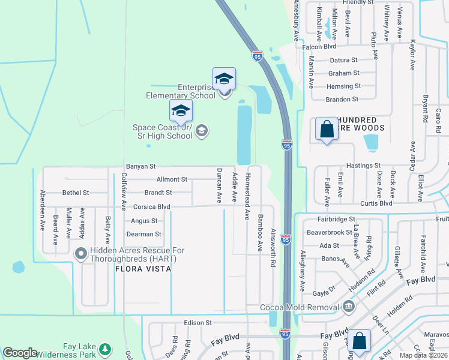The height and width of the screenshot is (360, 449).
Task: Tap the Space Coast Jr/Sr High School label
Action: coord(163,131)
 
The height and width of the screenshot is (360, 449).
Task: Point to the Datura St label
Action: coord(343,60)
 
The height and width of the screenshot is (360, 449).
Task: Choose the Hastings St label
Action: coord(364,165)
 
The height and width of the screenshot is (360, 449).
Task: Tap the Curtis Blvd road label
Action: coord(377,203)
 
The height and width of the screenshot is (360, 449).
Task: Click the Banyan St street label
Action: coord(140,166)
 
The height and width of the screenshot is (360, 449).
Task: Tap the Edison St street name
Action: coord(198,322)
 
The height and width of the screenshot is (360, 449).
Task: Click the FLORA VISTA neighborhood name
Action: coord(143,269)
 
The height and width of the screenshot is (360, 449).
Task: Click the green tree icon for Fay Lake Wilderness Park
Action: coord(106,349)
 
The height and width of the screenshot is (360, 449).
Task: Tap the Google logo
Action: coord(20,353)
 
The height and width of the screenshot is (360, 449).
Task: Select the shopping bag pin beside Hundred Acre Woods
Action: coord(327,129)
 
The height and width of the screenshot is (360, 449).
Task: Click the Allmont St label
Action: coord(172,179)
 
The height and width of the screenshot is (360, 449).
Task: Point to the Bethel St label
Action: coord(76,193)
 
